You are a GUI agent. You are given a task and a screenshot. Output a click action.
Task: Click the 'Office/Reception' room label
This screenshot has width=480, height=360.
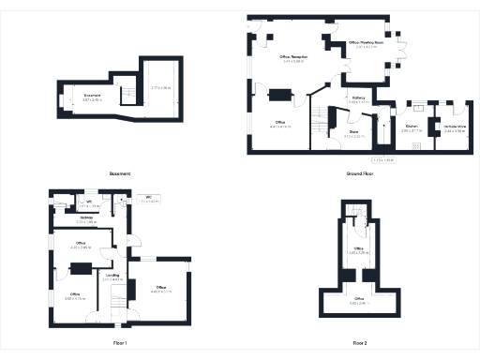point(293,58)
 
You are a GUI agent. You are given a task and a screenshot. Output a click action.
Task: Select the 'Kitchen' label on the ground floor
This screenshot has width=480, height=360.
point(411,125)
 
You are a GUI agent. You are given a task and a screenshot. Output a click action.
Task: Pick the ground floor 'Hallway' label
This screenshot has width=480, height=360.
point(358,97)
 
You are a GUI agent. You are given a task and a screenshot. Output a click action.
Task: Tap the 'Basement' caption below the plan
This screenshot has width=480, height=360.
point(119,173)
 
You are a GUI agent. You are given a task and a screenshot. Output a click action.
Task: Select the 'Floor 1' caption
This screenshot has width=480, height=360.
point(119,344)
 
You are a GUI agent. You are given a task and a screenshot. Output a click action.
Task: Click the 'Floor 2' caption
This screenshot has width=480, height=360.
point(360,344)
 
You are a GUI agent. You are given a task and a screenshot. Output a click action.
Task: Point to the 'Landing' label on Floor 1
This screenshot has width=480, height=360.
point(112,275)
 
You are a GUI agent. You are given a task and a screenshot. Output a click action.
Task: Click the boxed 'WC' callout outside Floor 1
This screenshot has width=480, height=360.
point(148,199)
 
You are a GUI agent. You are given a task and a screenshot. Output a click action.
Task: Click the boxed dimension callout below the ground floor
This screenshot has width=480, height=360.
point(384,160)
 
